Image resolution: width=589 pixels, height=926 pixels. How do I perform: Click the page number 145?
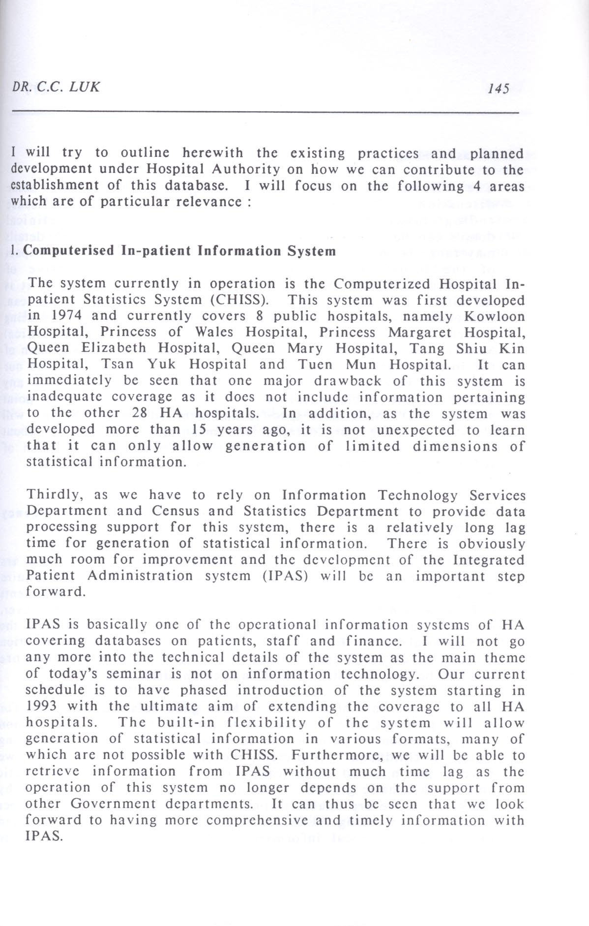(x=498, y=88)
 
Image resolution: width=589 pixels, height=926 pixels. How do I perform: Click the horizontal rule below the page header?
(x=265, y=113)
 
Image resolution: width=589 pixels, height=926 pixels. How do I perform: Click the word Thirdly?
(x=51, y=494)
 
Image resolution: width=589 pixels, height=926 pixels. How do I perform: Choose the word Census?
(x=176, y=511)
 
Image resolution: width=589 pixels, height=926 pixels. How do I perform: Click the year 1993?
(x=41, y=706)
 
